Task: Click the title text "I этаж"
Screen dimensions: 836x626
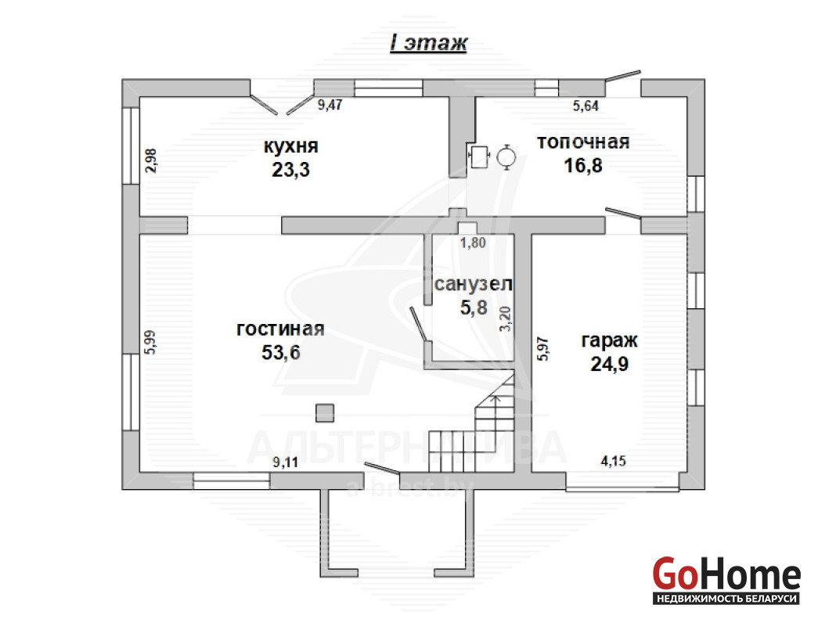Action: [x=429, y=43]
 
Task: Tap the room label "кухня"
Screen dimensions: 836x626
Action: [x=291, y=146]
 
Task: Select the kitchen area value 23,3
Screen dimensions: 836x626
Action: [x=290, y=170]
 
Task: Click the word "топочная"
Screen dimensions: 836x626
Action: [x=583, y=142]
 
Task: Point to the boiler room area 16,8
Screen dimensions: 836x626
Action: [x=583, y=165]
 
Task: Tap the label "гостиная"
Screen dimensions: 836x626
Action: [x=280, y=329]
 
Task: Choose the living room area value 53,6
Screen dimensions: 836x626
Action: [x=281, y=352]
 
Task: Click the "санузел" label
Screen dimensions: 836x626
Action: [x=474, y=284]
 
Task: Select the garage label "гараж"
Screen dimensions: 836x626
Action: [x=610, y=340]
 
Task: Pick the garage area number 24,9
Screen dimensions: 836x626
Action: [x=610, y=364]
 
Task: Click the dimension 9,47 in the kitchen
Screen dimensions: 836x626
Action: [x=330, y=105]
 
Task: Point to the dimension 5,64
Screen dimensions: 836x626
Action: [x=586, y=106]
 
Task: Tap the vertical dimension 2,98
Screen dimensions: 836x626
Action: [x=151, y=160]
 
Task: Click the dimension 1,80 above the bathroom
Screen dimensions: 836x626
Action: [x=474, y=243]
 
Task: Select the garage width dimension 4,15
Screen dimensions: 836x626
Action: [x=614, y=461]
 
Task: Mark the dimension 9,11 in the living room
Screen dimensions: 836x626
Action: [x=286, y=462]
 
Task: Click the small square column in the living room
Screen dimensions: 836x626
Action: [x=325, y=413]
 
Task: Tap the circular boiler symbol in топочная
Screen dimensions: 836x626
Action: [x=506, y=156]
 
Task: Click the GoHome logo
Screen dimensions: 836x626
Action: [x=726, y=581]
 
